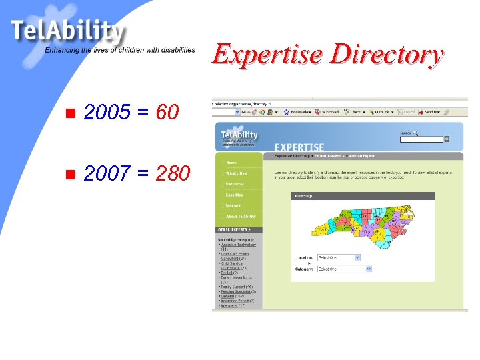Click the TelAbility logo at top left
(67, 31)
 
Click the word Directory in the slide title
(387, 55)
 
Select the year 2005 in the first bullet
(107, 113)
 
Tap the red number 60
(167, 113)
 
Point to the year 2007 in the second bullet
(107, 175)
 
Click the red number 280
(173, 175)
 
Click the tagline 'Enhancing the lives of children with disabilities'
(120, 50)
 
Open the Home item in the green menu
(231, 162)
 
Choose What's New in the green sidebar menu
(236, 173)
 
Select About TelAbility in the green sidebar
(241, 216)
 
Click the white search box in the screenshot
(421, 139)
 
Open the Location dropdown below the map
(338, 257)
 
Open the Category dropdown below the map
(341, 269)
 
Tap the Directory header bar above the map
(363, 196)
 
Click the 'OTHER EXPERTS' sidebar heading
(233, 229)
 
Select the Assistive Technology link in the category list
(238, 245)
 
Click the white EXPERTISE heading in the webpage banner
(299, 147)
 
